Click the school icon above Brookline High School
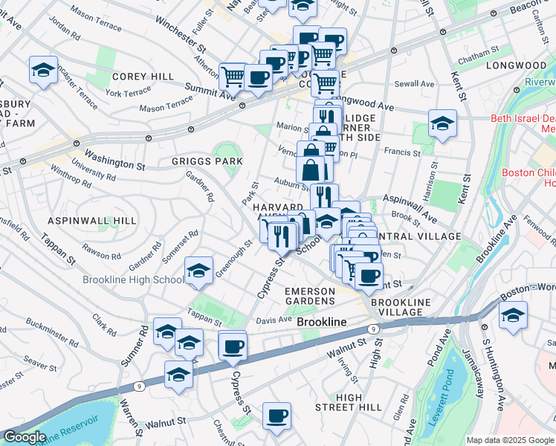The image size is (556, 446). (198, 271)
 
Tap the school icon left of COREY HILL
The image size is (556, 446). (44, 71)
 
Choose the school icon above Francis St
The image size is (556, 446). (442, 123)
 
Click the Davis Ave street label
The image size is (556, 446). (274, 320)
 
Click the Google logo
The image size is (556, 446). (25, 437)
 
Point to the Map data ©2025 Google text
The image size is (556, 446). (509, 440)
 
